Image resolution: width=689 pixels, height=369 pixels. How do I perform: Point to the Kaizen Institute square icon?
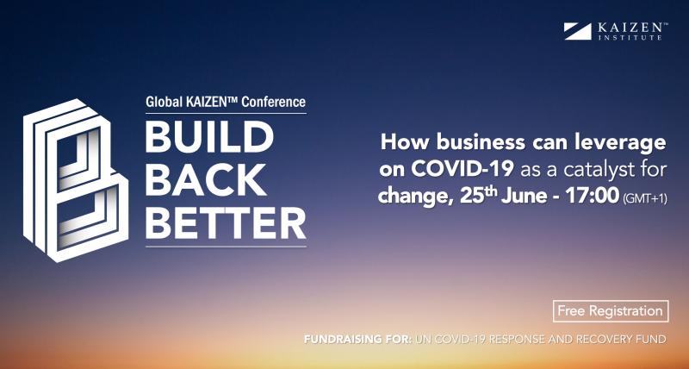[x=577, y=31]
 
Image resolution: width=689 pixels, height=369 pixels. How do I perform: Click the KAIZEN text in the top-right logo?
[x=630, y=27]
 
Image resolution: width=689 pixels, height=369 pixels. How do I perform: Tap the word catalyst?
[x=591, y=169]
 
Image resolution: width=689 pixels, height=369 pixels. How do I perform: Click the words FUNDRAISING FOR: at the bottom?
[x=348, y=339]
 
